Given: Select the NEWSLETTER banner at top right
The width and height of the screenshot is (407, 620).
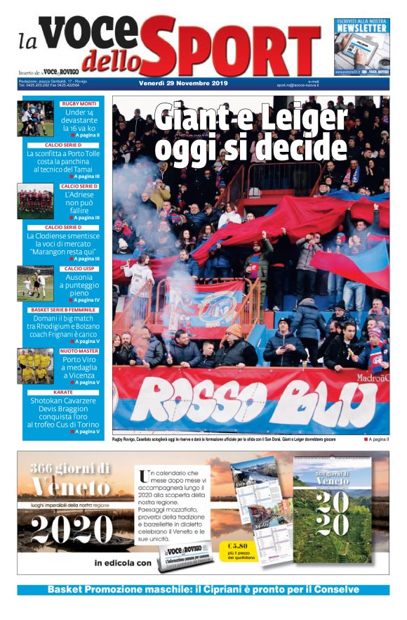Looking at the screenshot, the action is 361,46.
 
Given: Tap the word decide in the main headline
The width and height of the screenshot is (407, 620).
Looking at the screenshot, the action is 307,148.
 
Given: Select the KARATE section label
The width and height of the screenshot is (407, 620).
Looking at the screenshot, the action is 62,392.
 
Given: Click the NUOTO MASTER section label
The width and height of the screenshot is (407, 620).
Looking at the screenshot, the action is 79,351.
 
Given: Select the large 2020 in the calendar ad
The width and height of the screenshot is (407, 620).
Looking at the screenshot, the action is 72,529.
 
